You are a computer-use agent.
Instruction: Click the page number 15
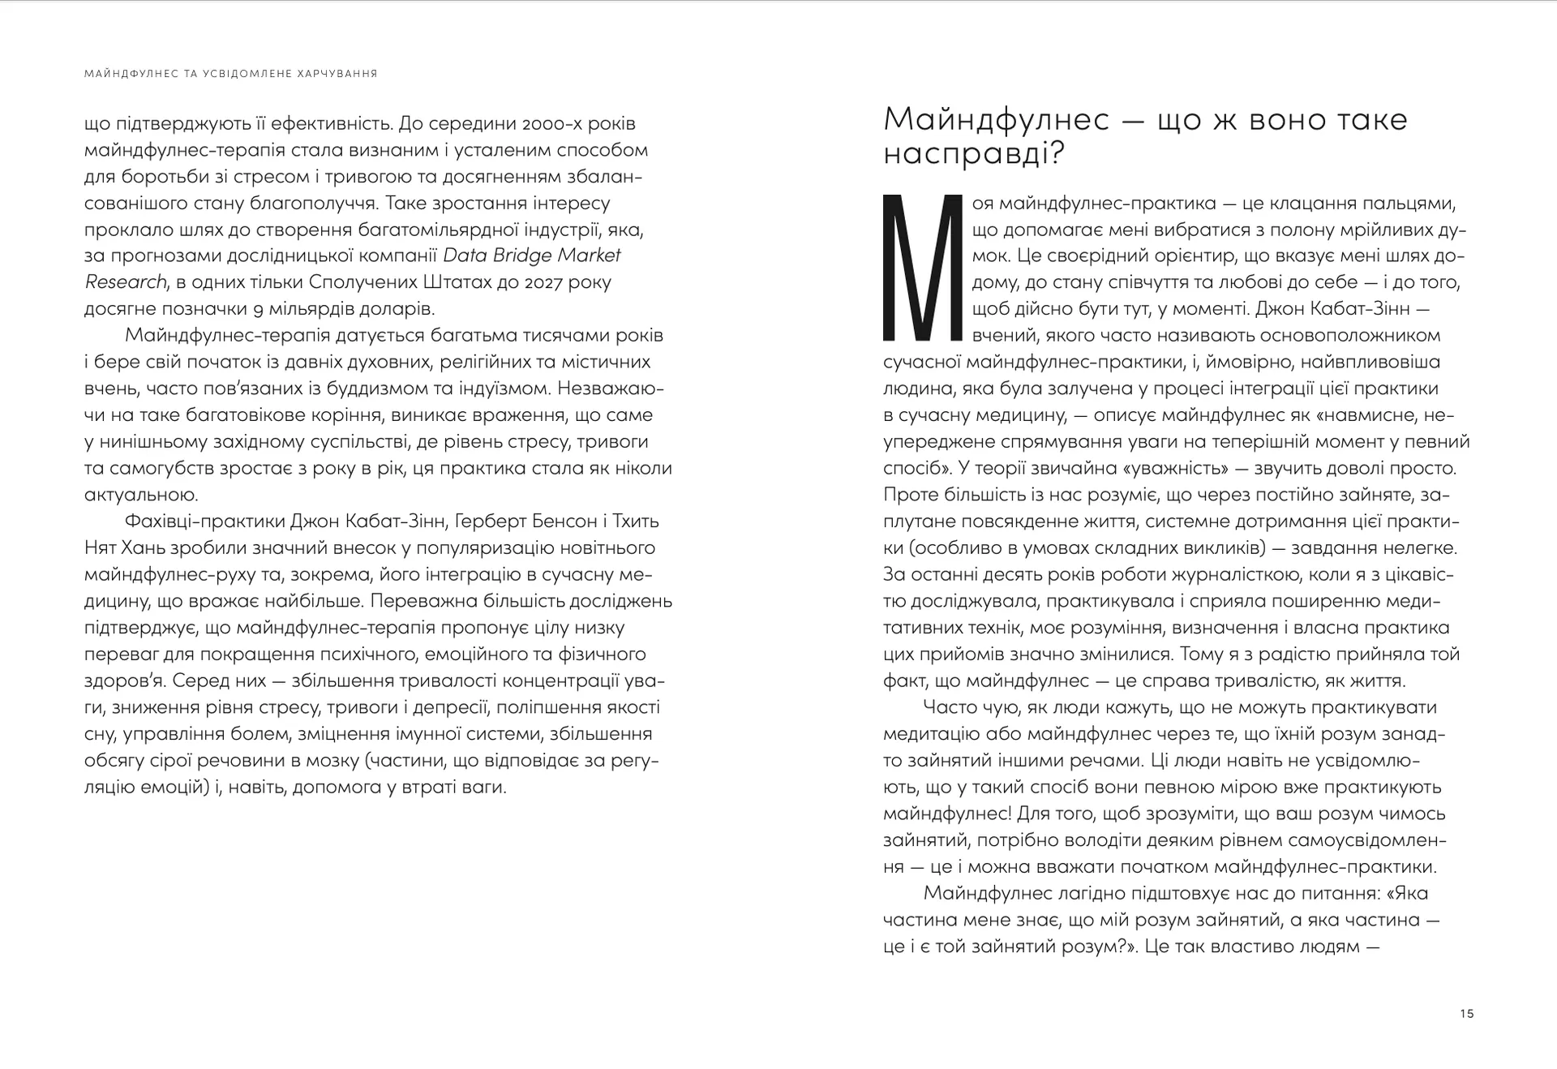[1466, 1014]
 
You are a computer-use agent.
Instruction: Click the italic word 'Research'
[125, 282]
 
